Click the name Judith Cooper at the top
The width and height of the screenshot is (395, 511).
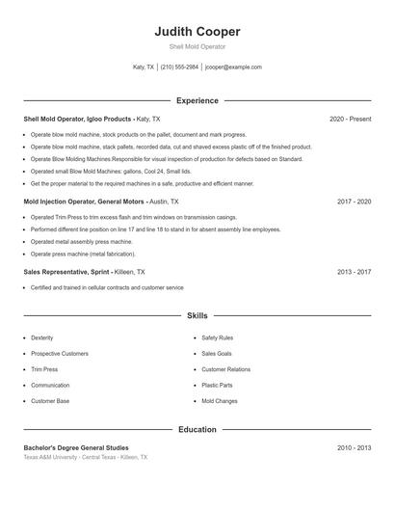(x=197, y=32)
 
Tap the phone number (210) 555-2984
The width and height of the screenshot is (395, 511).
(x=179, y=67)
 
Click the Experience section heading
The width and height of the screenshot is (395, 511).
(x=197, y=100)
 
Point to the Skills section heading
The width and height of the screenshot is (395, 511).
(x=197, y=315)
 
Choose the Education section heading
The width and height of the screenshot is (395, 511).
(x=197, y=429)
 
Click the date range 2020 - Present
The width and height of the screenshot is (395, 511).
(x=350, y=119)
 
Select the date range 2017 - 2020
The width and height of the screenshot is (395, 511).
(x=354, y=202)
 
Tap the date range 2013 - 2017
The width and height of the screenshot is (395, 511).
(x=354, y=272)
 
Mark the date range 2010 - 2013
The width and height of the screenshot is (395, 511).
(x=354, y=448)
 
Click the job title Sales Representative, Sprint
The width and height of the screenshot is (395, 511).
(x=68, y=272)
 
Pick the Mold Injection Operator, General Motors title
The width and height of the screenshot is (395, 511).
(x=85, y=202)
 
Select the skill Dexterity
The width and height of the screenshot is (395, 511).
(x=42, y=338)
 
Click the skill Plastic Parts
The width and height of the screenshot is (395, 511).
(x=217, y=385)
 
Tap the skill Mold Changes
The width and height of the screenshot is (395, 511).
(x=220, y=400)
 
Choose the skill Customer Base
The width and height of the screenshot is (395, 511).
(x=50, y=400)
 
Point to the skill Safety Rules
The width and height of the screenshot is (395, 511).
(x=218, y=338)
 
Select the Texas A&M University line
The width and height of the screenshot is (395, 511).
(x=86, y=457)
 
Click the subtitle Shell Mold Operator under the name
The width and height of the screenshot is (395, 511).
(x=197, y=46)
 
